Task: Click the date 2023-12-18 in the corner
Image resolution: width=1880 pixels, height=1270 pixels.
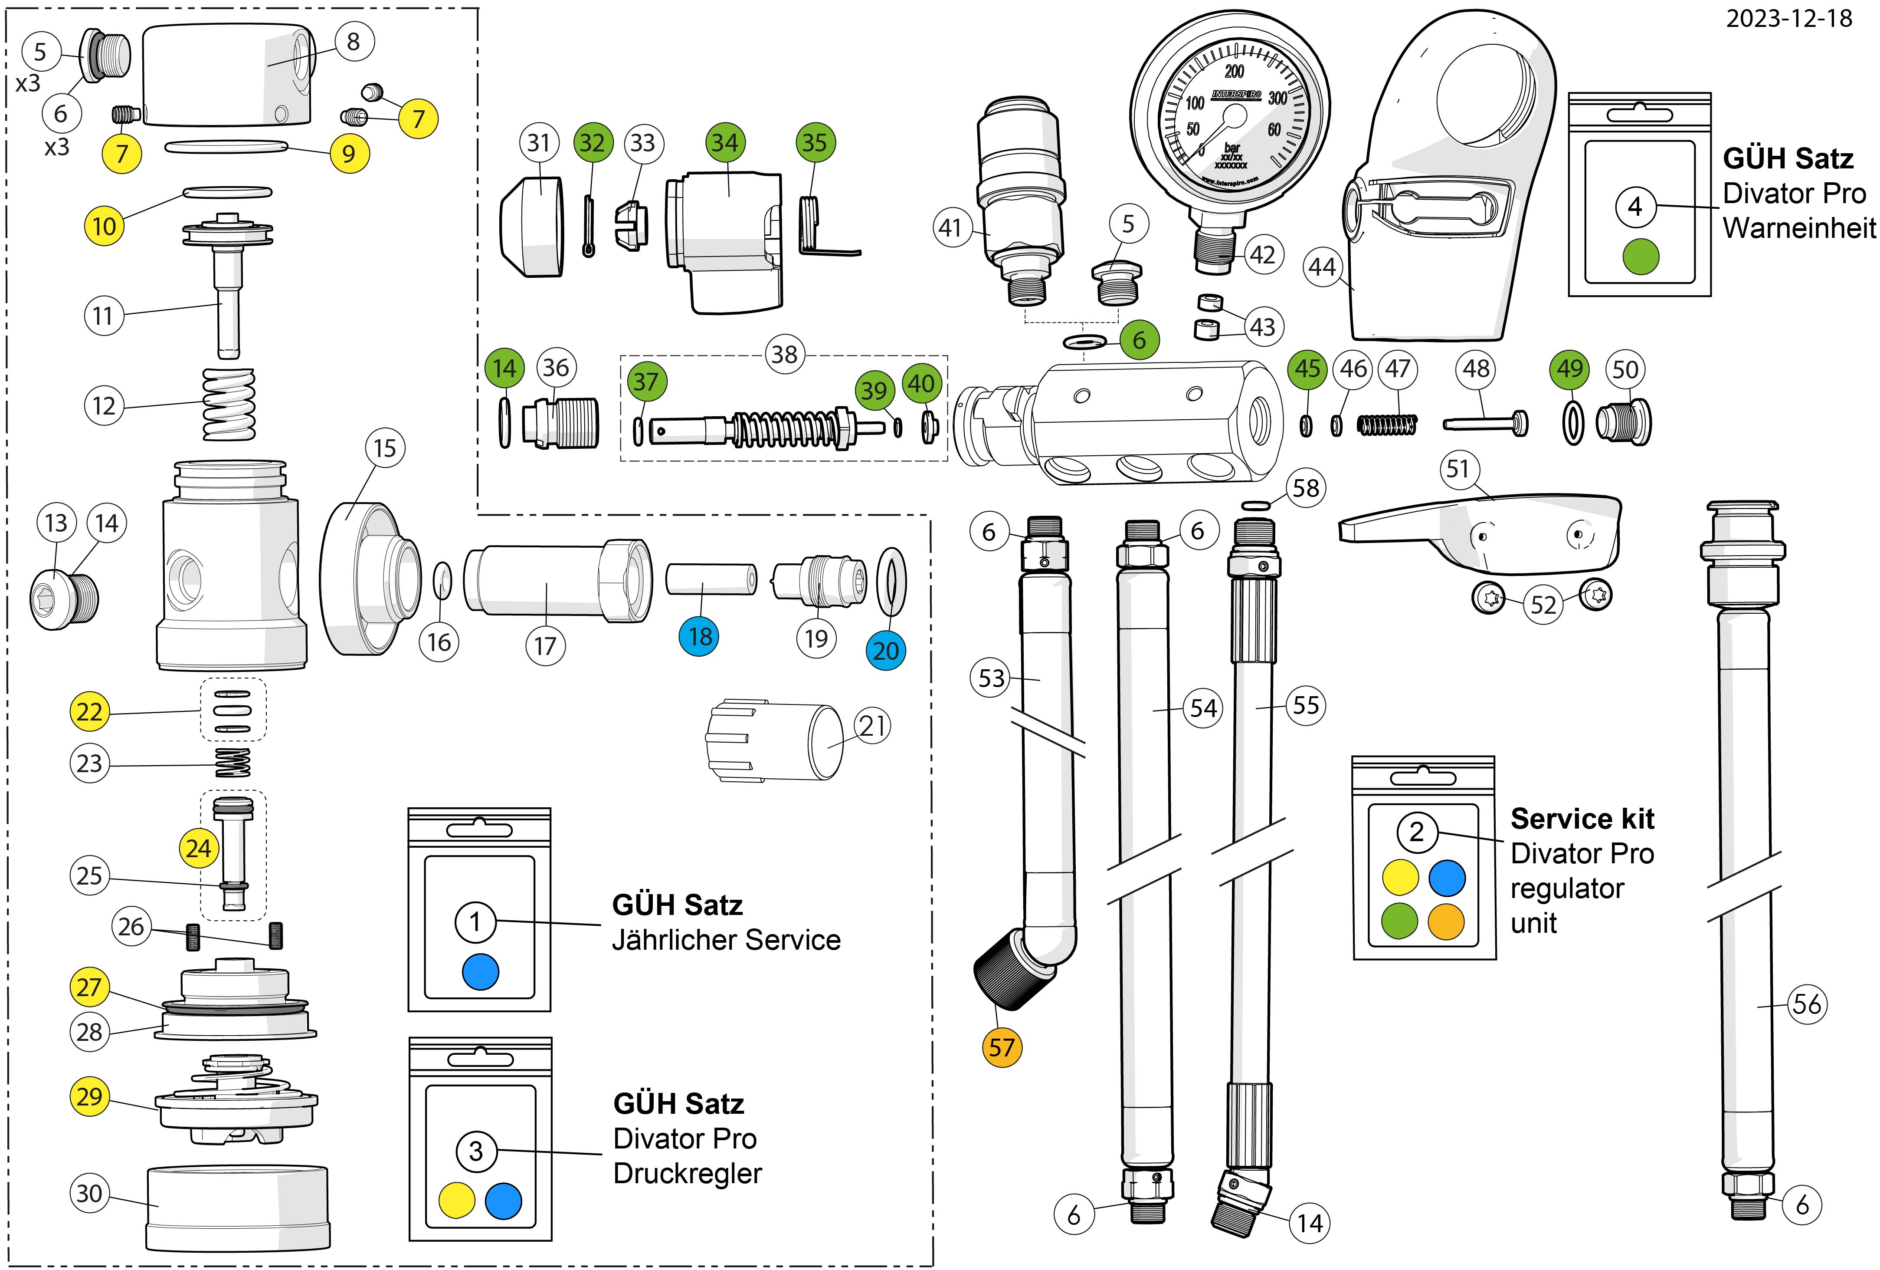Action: pos(1788,19)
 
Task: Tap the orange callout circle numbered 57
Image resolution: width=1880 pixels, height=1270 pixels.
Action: pos(1002,1047)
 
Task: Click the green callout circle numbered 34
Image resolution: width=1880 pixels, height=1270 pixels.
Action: pos(724,143)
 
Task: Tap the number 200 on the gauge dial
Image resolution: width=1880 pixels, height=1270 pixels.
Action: pos(1235,71)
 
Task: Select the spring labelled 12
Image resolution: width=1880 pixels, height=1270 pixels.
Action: pos(228,404)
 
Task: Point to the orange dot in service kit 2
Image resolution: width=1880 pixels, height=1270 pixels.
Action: pos(1446,921)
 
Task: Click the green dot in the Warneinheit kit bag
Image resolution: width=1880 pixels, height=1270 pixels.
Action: pos(1641,257)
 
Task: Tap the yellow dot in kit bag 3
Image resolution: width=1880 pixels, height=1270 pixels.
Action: pos(456,1201)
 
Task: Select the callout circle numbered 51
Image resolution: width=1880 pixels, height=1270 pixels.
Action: pos(1458,470)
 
